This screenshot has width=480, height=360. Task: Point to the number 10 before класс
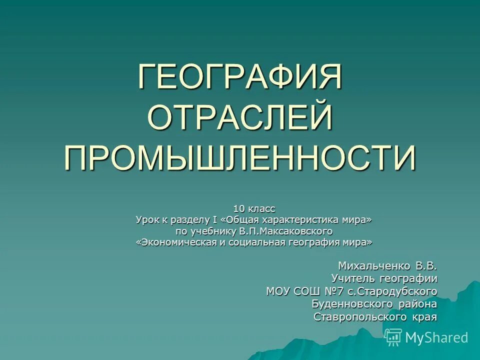(239, 208)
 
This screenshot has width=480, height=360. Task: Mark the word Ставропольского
(359, 317)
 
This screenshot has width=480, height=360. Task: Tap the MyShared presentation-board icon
(394, 337)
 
